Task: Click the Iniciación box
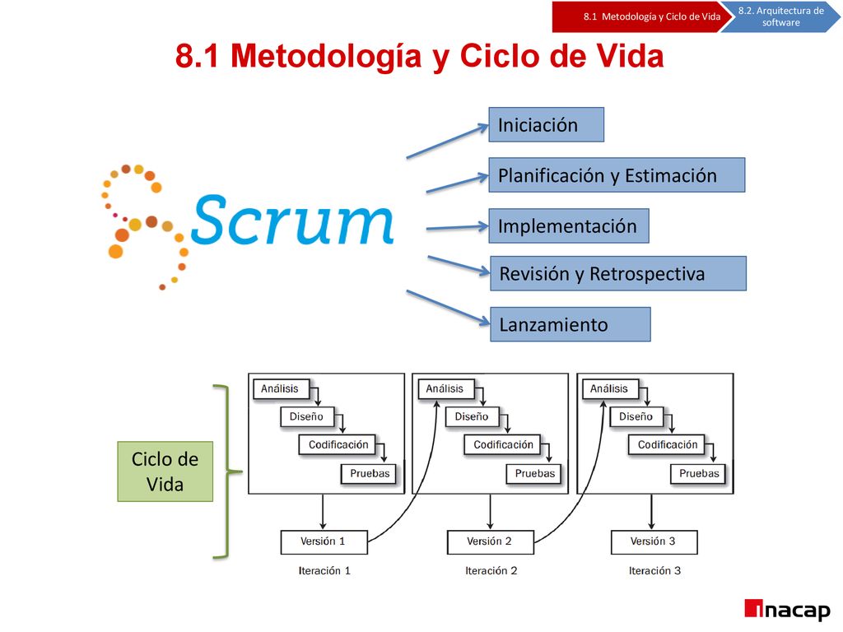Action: (547, 125)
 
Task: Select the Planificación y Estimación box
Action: (617, 175)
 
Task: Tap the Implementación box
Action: (569, 225)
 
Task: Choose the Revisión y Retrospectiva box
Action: (618, 273)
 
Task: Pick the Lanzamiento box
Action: (571, 324)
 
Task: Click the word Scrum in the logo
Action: (292, 221)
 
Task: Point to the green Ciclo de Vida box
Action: (165, 472)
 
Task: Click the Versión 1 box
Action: (324, 542)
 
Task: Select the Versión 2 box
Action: (491, 542)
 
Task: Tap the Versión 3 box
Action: (654, 542)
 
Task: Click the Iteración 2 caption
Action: (491, 571)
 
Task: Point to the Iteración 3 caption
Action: (654, 571)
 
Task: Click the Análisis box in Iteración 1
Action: (282, 389)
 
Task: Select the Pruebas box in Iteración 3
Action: (698, 474)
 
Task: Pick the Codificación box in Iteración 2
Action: (503, 445)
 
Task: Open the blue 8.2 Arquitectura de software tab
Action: (780, 16)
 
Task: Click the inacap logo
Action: (787, 611)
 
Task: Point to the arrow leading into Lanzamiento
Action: (449, 308)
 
